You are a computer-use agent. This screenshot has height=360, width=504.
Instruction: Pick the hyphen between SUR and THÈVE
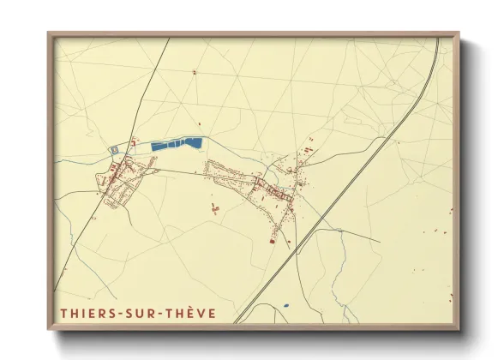coord(165,315)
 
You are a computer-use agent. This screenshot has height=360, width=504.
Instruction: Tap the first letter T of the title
coord(63,314)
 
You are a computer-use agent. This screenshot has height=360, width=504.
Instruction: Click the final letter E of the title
coord(212,314)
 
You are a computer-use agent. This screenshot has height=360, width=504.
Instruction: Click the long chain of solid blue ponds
coord(177,144)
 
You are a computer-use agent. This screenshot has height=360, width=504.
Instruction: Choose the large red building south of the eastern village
coord(272,241)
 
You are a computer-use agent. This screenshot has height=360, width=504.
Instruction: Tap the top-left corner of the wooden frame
coord(49,33)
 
